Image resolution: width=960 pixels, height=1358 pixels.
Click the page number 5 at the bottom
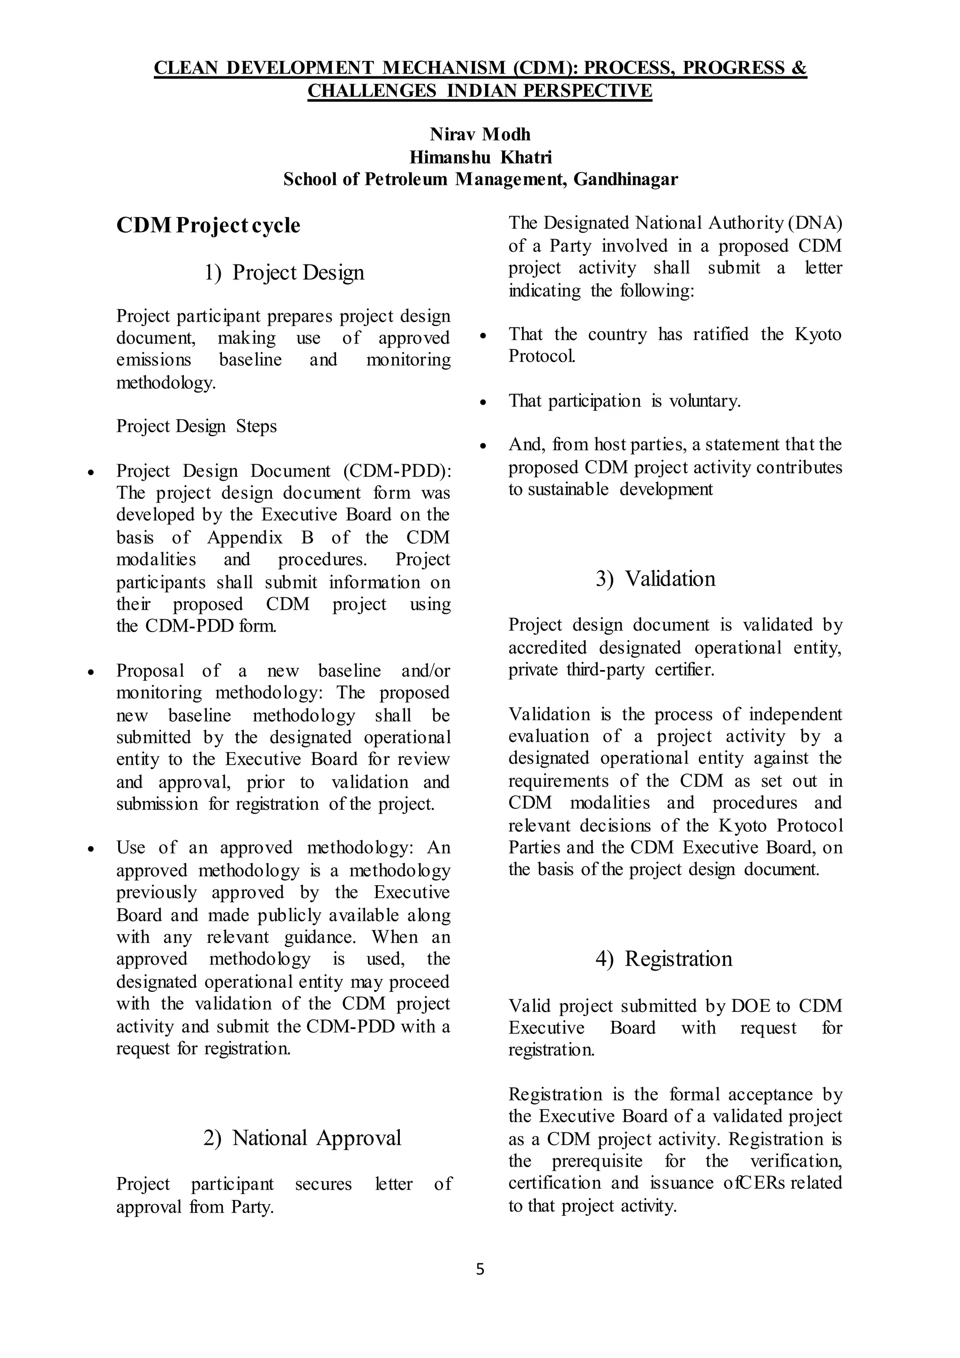[x=480, y=1269]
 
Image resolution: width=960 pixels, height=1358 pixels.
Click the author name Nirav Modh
[x=480, y=135]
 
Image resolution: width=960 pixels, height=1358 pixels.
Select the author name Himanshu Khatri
[x=480, y=158]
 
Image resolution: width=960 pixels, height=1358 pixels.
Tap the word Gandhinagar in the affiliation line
[x=625, y=179]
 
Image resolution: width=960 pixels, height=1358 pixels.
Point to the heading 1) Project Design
[x=285, y=272]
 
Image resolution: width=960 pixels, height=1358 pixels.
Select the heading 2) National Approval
[x=302, y=1138]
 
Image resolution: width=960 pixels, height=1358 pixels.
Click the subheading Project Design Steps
[x=196, y=426]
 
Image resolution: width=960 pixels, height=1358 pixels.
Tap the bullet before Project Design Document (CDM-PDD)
[x=90, y=473]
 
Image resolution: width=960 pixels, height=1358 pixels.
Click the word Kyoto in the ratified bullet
[x=817, y=335]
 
